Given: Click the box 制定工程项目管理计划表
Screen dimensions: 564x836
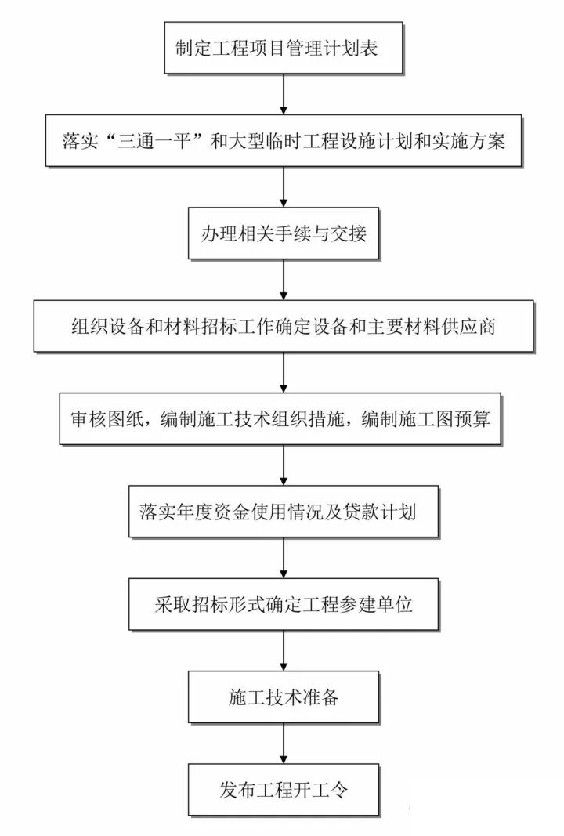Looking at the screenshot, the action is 283,48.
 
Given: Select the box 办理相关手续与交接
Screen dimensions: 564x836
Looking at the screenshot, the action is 283,233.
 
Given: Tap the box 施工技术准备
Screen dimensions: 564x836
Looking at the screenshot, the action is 283,697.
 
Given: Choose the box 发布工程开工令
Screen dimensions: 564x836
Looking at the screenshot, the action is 283,790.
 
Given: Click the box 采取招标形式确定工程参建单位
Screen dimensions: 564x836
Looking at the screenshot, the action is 283,604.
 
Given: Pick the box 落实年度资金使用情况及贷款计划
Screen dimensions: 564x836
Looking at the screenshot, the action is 283,512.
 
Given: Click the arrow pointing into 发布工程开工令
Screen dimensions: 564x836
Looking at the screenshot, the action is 283,744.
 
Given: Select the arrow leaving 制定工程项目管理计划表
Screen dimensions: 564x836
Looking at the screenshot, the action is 283,94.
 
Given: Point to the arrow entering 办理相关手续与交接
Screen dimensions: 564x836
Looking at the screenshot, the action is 283,186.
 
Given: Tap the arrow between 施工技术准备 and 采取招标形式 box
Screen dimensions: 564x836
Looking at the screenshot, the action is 283,650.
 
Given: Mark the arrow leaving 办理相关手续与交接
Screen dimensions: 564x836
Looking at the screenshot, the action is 283,280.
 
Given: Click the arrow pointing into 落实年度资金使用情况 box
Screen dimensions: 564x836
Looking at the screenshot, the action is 283,465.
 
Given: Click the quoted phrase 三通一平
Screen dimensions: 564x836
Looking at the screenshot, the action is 154,141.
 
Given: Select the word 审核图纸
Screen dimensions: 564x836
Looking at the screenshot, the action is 107,419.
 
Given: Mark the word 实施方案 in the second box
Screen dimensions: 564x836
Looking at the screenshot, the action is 468,141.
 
